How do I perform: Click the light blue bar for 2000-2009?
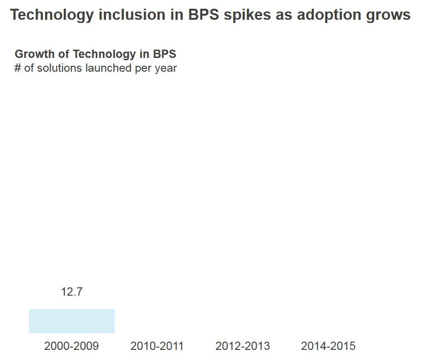(71, 321)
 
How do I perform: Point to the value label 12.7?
(71, 292)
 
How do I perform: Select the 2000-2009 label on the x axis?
(71, 346)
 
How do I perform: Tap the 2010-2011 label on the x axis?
(157, 346)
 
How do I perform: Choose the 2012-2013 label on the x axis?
(242, 346)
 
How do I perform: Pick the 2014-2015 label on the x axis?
(328, 346)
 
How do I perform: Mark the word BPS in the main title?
(203, 15)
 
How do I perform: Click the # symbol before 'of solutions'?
(18, 68)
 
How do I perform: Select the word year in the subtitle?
(165, 69)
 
